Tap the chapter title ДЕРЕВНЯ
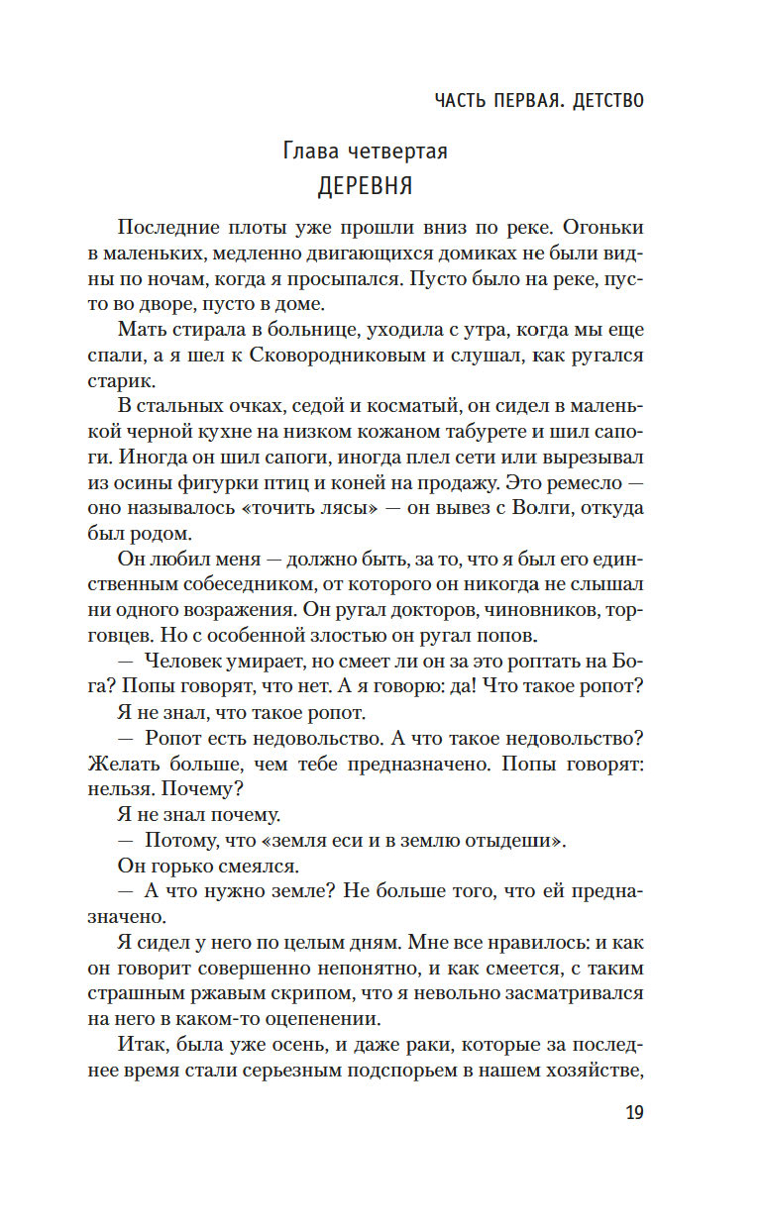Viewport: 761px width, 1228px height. [366, 186]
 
